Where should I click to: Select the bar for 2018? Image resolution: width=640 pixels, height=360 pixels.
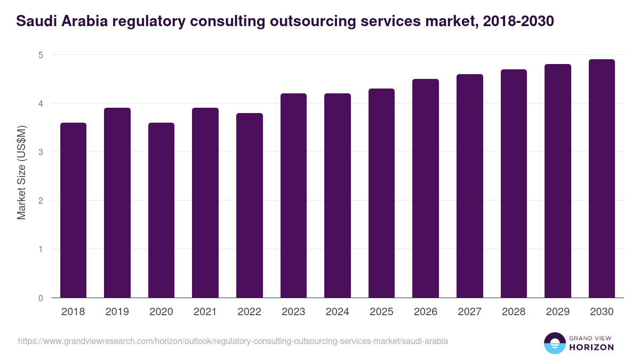click(73, 210)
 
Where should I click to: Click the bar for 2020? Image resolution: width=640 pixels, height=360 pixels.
click(161, 210)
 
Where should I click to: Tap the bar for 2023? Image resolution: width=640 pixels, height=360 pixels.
click(293, 196)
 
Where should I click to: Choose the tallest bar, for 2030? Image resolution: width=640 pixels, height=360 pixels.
click(602, 179)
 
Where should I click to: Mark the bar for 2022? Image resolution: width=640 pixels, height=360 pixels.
click(249, 205)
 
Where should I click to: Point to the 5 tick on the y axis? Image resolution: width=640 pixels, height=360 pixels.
click(41, 55)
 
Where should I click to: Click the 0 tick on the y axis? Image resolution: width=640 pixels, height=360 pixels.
click(41, 298)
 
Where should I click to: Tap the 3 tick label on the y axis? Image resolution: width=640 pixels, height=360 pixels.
click(41, 152)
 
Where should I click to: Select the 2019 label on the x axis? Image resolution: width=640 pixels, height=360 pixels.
click(117, 312)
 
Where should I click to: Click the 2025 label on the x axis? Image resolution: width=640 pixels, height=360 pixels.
click(381, 312)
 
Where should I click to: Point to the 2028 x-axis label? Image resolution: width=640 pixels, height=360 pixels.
click(514, 312)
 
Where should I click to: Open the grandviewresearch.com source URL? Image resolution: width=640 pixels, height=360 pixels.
click(233, 341)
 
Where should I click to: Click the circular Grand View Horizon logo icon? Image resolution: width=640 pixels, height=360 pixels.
click(554, 343)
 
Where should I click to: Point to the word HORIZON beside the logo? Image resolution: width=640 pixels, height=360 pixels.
click(591, 347)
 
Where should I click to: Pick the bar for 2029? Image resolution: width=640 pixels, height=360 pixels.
click(557, 181)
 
